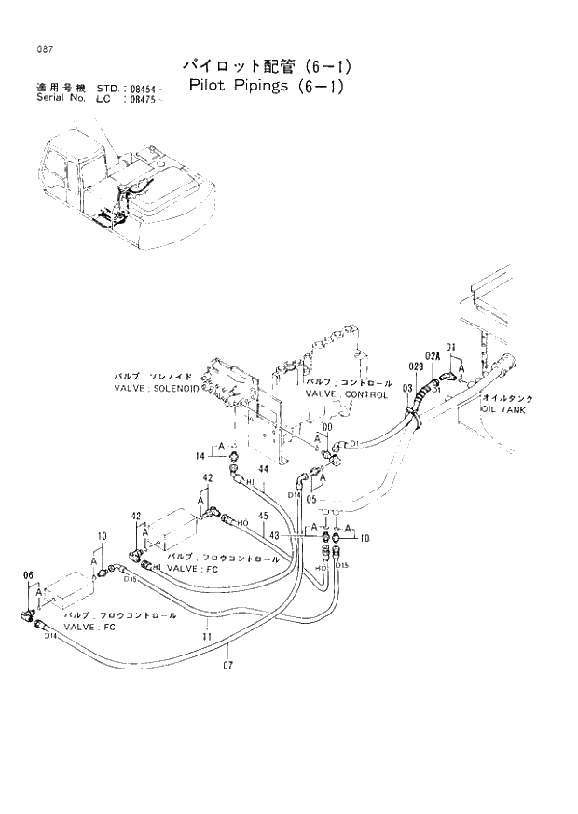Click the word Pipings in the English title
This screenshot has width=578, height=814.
point(256,88)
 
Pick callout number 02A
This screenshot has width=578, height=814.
point(432,356)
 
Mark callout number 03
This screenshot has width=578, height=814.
point(406,387)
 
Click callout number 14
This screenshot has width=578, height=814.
point(200,455)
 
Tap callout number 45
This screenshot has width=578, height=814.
point(264,517)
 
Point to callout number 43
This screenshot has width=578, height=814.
point(273,534)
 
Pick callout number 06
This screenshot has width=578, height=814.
point(28,575)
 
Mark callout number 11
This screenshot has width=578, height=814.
point(206,636)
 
